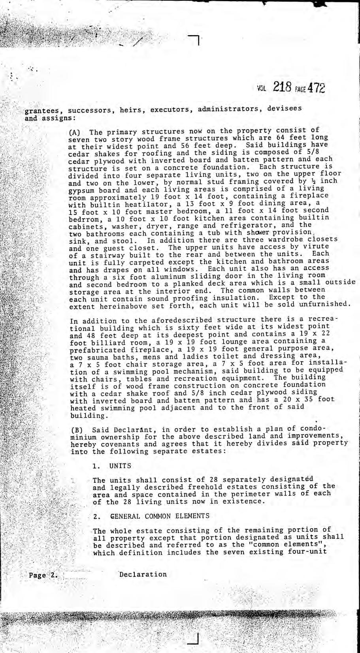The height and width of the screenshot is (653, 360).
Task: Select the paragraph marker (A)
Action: coord(75,132)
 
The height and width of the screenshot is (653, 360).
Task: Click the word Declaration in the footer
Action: coord(143,574)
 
